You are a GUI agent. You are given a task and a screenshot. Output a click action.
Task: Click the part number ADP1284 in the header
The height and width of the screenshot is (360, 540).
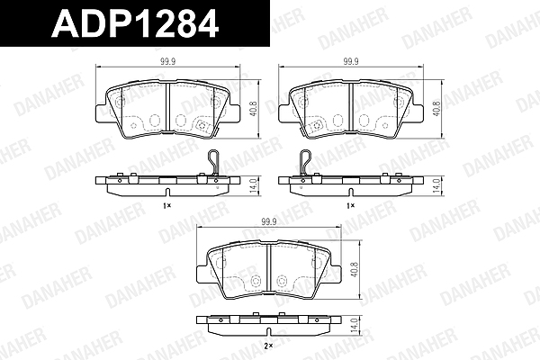(135, 23)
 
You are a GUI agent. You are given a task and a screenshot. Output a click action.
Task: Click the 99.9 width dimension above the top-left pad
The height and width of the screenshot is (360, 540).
(167, 62)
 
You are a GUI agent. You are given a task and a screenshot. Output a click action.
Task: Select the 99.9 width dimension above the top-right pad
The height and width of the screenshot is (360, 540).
(351, 62)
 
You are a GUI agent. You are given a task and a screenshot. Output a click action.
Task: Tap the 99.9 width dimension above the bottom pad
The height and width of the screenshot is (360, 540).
(269, 222)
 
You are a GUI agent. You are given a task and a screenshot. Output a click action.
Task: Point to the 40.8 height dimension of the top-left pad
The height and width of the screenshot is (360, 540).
(255, 109)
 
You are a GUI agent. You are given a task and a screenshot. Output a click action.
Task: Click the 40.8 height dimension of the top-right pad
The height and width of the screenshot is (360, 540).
(437, 109)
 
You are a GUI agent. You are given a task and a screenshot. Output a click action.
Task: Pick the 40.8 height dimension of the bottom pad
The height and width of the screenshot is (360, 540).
(355, 270)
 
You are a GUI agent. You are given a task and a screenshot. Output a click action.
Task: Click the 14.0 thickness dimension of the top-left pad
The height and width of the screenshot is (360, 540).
(255, 186)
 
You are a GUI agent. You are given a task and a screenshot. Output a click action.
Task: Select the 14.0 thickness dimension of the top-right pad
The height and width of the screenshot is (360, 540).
(437, 186)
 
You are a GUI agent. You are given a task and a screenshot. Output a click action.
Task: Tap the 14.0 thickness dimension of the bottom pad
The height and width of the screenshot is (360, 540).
(355, 325)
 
